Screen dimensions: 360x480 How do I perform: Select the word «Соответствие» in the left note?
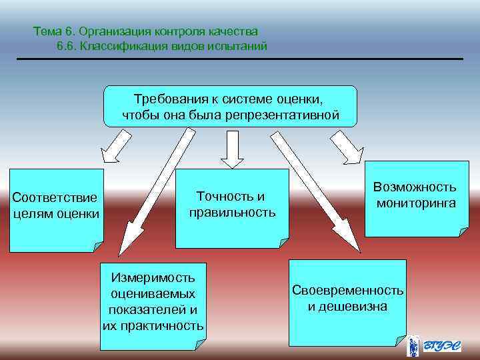coord(55,198)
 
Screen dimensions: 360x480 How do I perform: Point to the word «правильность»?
coord(231,212)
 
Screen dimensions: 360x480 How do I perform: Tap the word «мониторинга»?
coord(415,203)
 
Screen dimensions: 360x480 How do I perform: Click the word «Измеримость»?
coord(153,277)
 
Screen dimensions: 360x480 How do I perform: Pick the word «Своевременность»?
coord(347,291)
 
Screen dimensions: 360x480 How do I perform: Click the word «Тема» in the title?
coord(47,31)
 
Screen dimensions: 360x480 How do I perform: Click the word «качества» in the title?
coord(236,31)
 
